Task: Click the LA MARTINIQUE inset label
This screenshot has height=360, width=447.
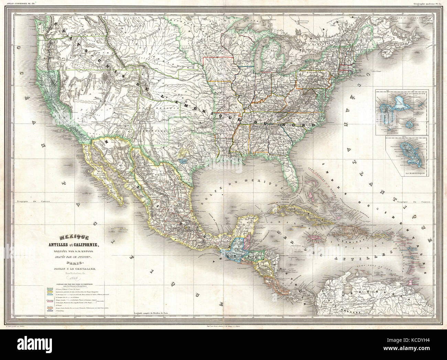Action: (x=412, y=174)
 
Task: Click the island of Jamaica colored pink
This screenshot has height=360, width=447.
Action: (x=316, y=237)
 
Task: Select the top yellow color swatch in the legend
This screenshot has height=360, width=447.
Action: (x=49, y=288)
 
